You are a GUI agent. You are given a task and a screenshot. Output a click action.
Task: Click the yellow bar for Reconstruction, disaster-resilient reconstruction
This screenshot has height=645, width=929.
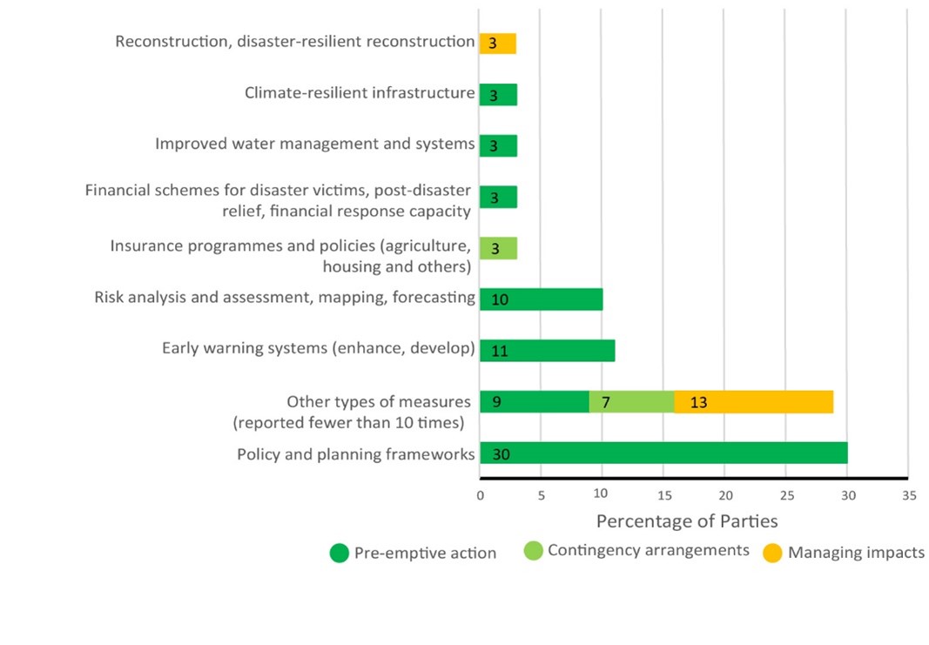[x=498, y=44]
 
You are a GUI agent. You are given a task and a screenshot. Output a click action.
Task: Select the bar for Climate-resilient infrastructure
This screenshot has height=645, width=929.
[x=498, y=95]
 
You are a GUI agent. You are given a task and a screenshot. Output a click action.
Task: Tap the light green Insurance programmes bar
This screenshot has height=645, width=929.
[x=498, y=248]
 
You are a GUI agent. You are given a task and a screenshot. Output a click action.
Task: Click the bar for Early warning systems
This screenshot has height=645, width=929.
[x=547, y=351]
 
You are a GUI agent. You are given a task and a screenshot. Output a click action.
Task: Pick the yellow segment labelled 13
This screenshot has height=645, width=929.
[x=753, y=402]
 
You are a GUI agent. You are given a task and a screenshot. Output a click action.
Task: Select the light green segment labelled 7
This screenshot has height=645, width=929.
[x=631, y=402]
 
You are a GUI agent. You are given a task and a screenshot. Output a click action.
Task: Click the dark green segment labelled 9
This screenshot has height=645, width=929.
[x=534, y=402]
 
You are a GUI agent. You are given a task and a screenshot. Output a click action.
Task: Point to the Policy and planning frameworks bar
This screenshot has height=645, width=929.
[x=663, y=454]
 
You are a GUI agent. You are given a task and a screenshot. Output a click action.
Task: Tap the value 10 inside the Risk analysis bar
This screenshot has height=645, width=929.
[x=500, y=299]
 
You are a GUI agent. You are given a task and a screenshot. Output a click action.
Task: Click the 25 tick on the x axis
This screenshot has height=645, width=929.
[x=785, y=494]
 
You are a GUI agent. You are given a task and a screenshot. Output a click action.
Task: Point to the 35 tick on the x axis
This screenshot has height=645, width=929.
[x=907, y=494]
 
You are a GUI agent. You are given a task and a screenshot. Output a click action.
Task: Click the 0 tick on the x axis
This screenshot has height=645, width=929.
[x=480, y=494]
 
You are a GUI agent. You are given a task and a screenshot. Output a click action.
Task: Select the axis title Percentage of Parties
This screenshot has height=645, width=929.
[x=686, y=521]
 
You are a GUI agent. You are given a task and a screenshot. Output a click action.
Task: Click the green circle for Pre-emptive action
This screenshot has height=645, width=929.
[x=340, y=553]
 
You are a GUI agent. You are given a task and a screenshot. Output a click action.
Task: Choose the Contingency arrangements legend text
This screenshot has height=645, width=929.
[x=648, y=550]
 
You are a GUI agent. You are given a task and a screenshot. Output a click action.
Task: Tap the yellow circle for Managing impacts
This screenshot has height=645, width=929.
[x=772, y=553]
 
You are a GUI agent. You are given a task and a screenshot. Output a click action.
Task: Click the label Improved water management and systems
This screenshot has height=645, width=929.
[x=314, y=144]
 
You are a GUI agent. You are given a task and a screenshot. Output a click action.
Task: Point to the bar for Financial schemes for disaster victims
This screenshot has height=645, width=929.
[x=498, y=197]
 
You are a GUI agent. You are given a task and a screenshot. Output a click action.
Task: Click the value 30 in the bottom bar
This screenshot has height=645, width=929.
[x=501, y=454]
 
